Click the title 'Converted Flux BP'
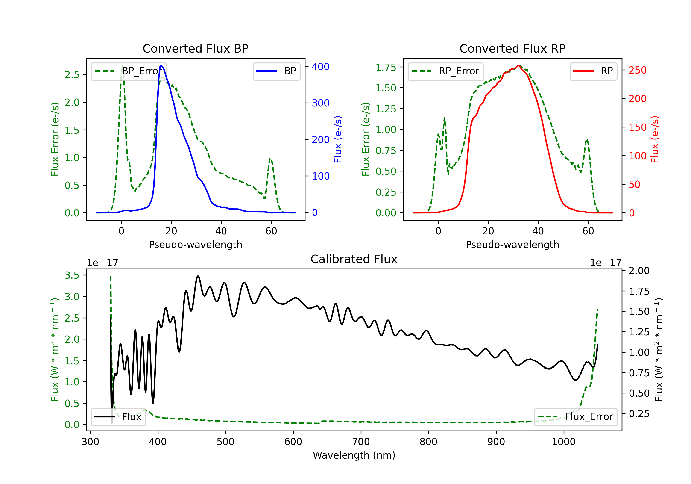point(195,48)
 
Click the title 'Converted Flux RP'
point(512,48)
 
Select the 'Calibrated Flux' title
point(354,259)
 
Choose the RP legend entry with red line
point(593,71)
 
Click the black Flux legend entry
point(118,417)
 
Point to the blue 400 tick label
point(321,67)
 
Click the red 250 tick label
point(637,70)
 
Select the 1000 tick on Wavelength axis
point(563,442)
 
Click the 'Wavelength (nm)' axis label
point(354,455)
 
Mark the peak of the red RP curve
point(518,65)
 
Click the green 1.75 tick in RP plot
point(386,67)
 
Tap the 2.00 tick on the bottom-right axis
point(639,270)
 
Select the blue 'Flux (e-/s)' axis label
point(338,139)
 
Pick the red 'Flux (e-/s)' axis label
point(655,139)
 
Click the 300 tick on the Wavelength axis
point(90,442)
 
